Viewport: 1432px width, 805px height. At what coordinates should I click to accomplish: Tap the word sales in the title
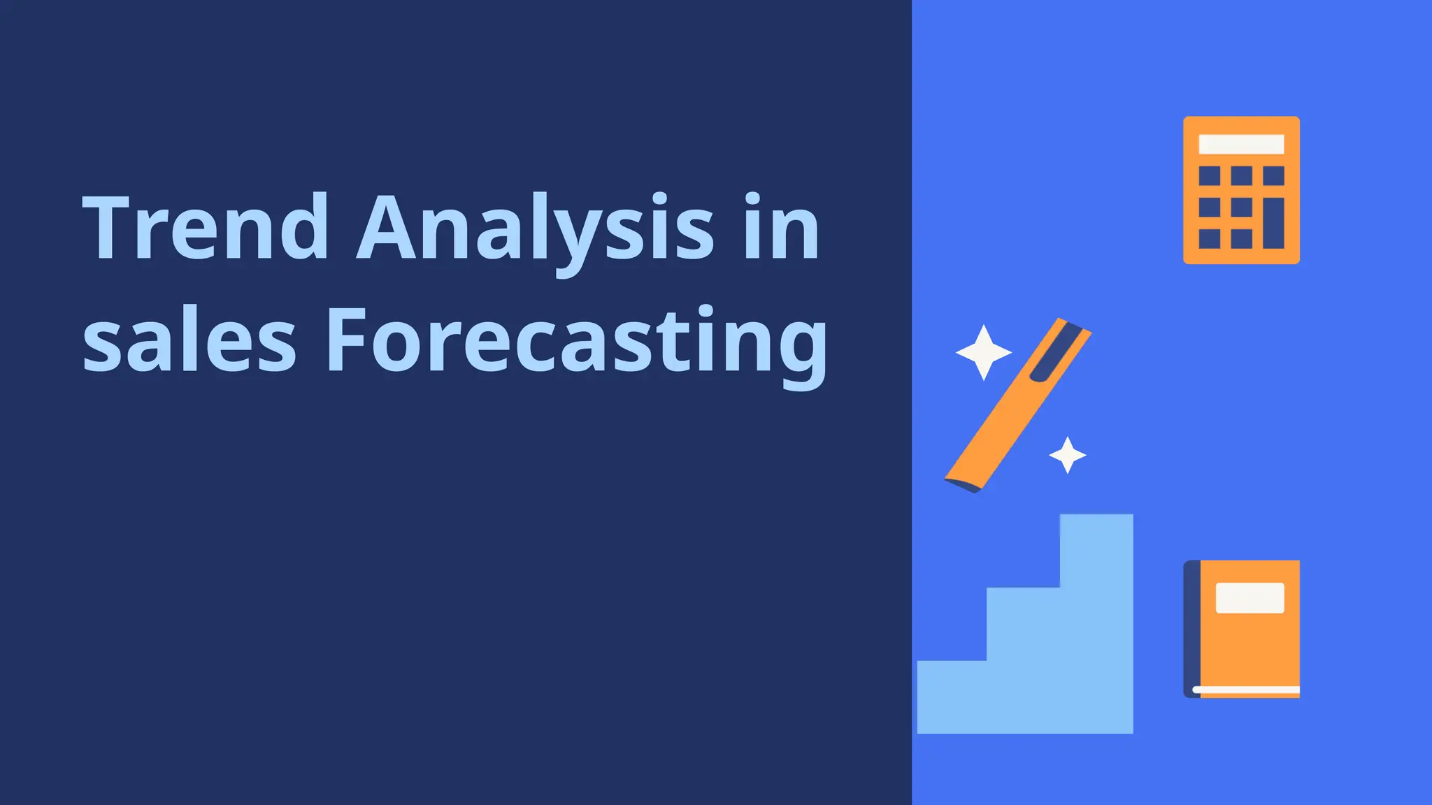coord(189,341)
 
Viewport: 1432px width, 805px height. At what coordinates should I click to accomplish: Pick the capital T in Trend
coord(110,228)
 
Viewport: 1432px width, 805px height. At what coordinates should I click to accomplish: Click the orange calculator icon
coord(1241,190)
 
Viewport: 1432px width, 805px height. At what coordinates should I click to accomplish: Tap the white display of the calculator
coord(1241,144)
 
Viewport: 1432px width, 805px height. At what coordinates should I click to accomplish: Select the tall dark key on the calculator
coord(1273,223)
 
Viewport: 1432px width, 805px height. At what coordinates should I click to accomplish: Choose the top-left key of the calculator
coord(1209,175)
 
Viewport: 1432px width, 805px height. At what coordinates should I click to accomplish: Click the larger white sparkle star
coord(983,352)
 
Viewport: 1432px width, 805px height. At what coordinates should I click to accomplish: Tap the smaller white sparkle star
coord(1067,455)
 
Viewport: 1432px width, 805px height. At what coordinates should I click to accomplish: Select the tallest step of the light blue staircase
coord(1096,622)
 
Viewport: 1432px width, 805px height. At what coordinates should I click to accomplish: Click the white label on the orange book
coord(1250,598)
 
